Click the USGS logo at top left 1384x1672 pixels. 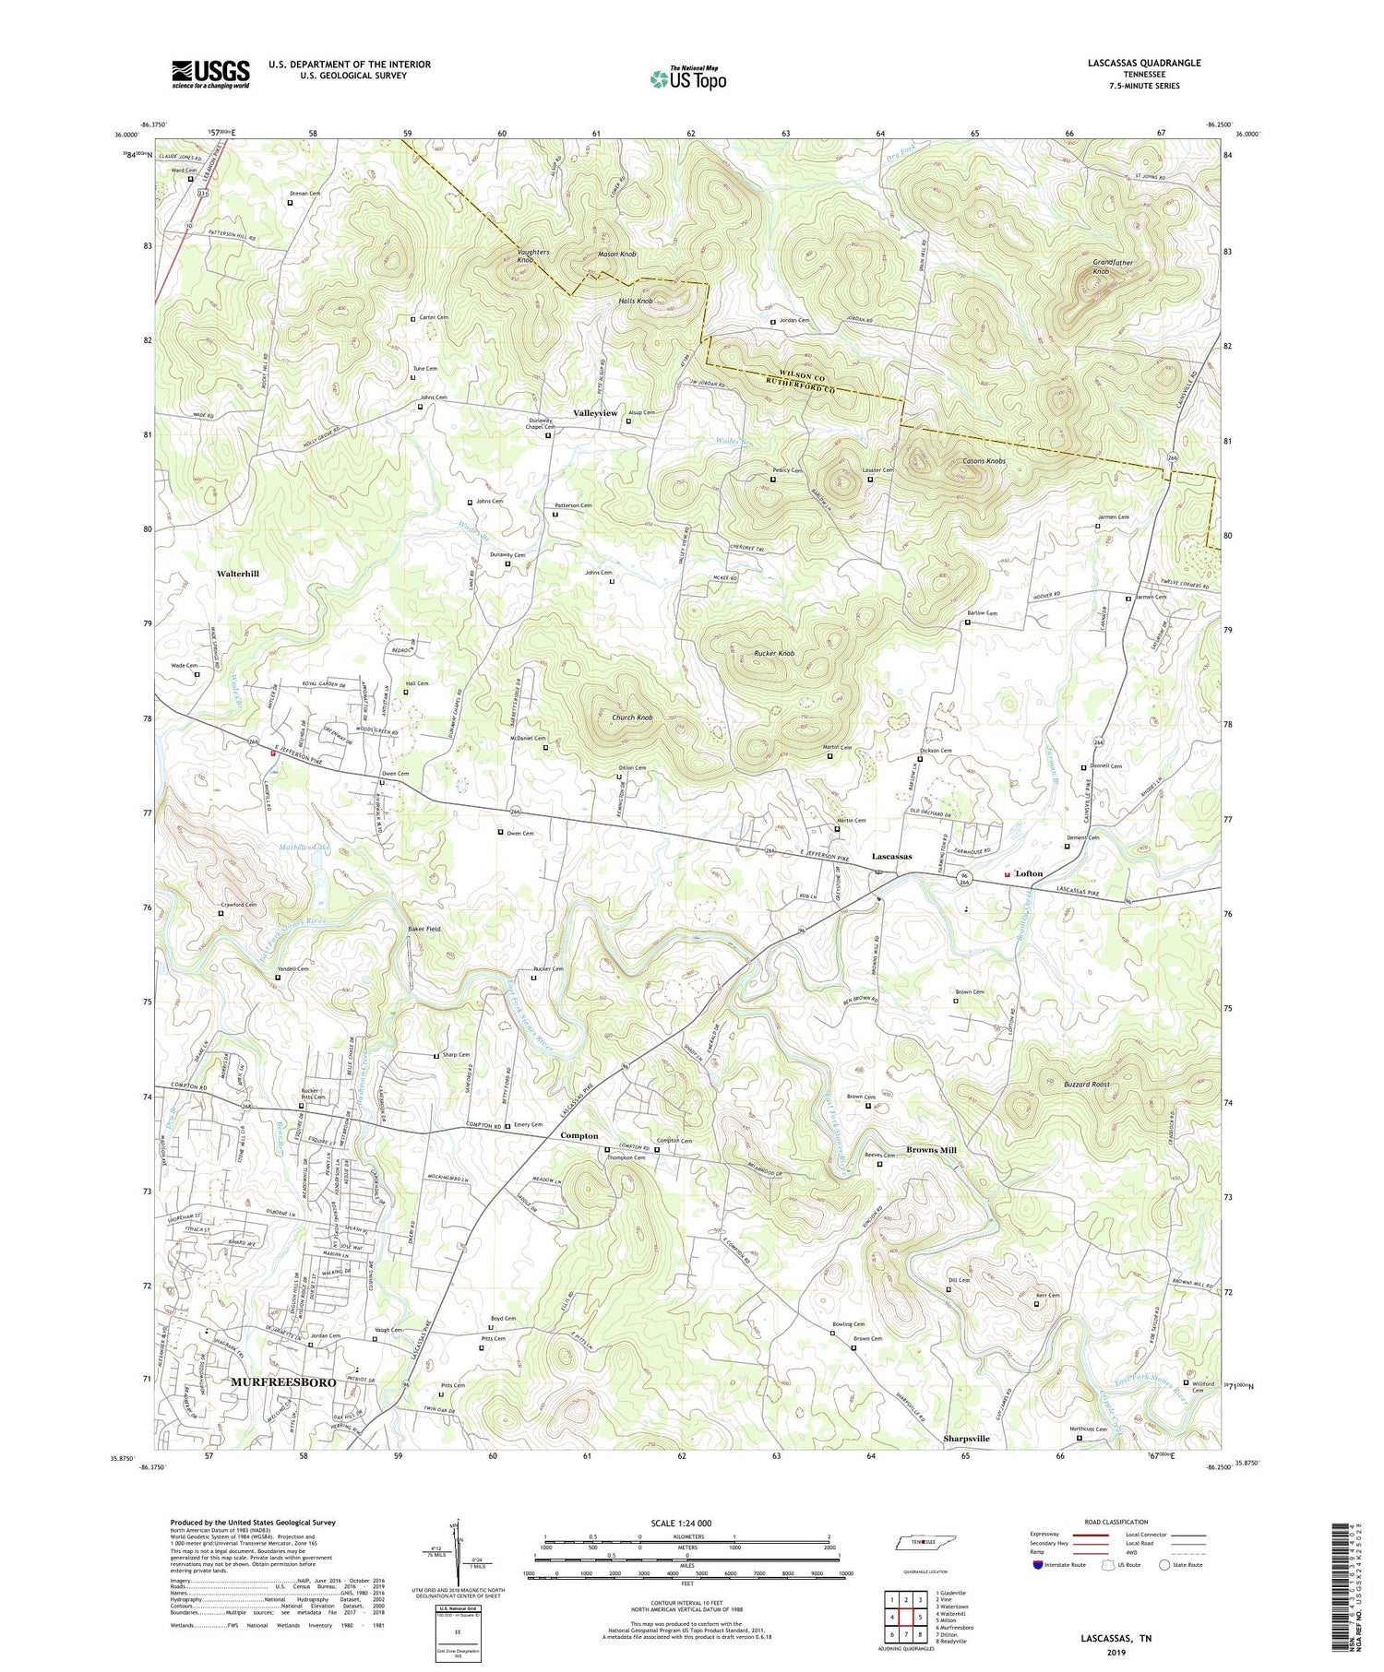(210, 74)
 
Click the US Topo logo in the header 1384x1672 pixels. (688, 79)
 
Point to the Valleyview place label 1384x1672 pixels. (595, 413)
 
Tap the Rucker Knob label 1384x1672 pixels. (774, 654)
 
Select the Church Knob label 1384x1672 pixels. (632, 717)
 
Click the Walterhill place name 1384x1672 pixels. (238, 574)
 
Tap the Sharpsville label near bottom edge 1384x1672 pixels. (966, 1439)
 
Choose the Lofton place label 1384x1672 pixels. (1029, 873)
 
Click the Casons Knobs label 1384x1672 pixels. (984, 461)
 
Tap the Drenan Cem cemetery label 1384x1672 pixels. (304, 194)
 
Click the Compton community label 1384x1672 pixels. (579, 1136)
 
